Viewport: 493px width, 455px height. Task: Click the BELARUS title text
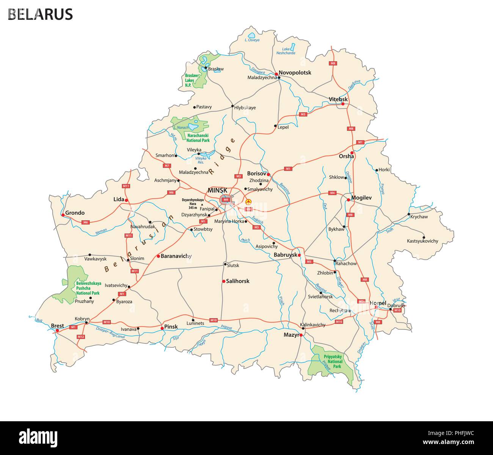(40, 14)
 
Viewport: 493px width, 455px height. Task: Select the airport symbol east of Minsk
(248, 201)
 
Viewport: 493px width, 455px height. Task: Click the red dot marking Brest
(57, 331)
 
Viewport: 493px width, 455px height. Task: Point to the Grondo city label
(75, 213)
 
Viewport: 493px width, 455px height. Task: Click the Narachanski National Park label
(198, 138)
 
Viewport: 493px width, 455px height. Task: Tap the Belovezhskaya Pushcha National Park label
(88, 288)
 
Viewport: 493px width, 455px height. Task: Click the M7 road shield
(167, 166)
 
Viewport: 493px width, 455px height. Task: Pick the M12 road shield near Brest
(80, 337)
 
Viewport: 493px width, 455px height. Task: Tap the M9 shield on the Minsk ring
(226, 199)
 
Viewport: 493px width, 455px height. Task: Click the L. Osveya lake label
(252, 40)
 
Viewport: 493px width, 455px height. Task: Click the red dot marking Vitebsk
(343, 104)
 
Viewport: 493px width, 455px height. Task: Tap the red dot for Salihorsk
(224, 281)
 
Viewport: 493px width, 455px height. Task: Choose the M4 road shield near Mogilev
(333, 193)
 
